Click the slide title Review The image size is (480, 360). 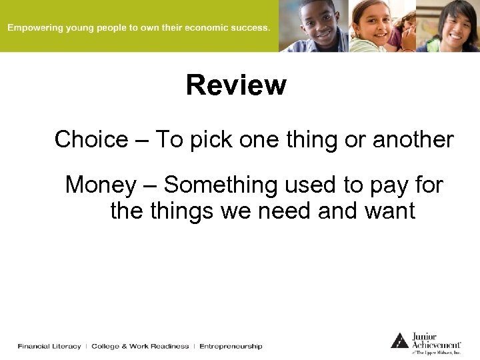click(x=236, y=85)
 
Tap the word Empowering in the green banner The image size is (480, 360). click(x=34, y=28)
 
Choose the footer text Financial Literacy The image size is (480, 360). click(x=49, y=346)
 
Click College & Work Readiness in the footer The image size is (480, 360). click(x=140, y=346)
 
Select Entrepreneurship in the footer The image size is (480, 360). click(x=231, y=346)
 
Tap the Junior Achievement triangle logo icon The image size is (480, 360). click(x=399, y=341)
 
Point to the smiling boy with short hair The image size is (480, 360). click(x=317, y=25)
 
